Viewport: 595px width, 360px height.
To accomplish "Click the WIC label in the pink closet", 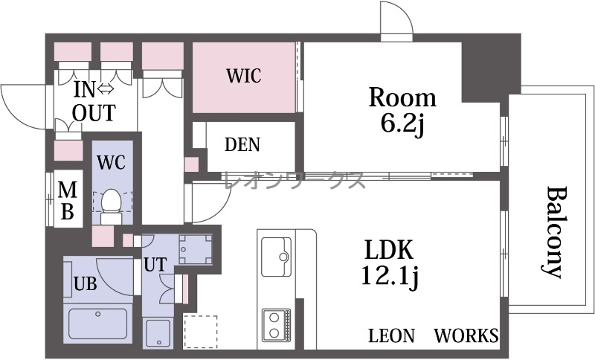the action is click(x=244, y=75).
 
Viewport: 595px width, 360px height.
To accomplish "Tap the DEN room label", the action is click(x=242, y=144).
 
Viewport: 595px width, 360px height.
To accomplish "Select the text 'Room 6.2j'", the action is click(x=402, y=110).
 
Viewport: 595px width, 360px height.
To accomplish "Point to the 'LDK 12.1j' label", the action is click(x=390, y=263).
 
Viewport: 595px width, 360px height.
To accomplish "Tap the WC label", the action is click(x=111, y=162).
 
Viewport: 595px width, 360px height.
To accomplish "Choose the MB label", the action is click(x=68, y=201).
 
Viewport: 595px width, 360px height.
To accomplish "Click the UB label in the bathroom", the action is click(x=85, y=283).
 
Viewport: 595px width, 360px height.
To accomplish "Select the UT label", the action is click(x=155, y=264).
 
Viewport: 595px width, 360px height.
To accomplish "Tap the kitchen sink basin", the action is click(x=277, y=257).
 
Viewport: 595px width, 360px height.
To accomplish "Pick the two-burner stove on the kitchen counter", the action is click(x=276, y=324).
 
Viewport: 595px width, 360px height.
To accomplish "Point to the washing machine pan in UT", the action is click(x=196, y=249).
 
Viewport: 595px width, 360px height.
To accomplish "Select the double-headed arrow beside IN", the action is click(x=106, y=89).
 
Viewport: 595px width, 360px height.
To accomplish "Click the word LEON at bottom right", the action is click(x=392, y=335).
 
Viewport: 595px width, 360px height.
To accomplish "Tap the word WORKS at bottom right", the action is click(x=466, y=335).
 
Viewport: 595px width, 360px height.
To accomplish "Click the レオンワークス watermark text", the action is click(x=295, y=180).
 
